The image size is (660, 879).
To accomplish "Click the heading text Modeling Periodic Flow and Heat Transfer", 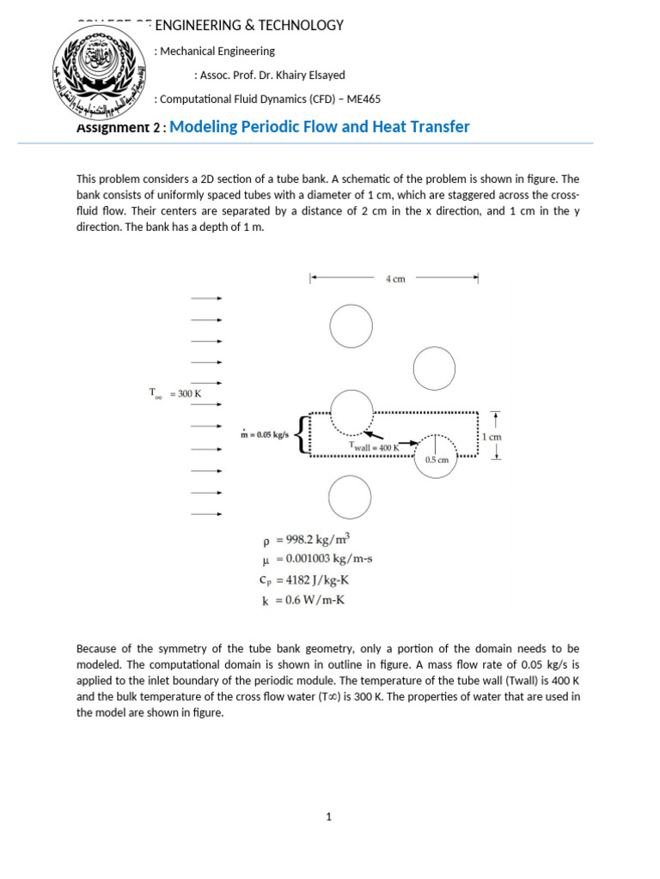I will point(320,127).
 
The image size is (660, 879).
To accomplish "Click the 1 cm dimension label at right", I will point(492,437).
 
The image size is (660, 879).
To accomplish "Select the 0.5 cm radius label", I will point(437,460).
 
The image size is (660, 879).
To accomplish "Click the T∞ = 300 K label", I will point(175,393).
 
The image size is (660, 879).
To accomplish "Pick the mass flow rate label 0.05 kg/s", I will point(265,435).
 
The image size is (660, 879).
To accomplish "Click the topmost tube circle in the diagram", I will point(351,326).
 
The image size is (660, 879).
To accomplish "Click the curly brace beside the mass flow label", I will point(299,433).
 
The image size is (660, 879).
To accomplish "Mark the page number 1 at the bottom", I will point(328,816).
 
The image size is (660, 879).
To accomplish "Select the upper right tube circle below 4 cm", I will point(434,369).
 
